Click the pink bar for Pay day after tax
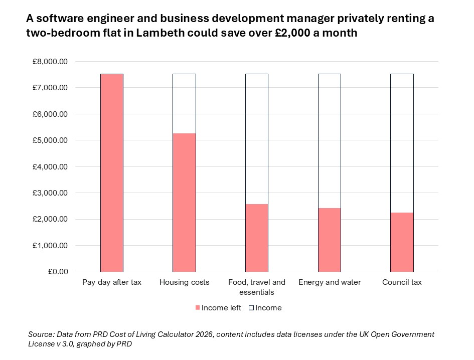tap(111, 173)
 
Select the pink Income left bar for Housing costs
tap(184, 203)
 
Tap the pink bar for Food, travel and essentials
tap(256, 238)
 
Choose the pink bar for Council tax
tap(402, 242)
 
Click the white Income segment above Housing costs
tap(184, 103)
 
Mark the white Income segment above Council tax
tap(402, 143)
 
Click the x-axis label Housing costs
tap(184, 282)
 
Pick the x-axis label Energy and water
tap(330, 282)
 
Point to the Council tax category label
tap(402, 282)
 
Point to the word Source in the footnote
tap(41, 334)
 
